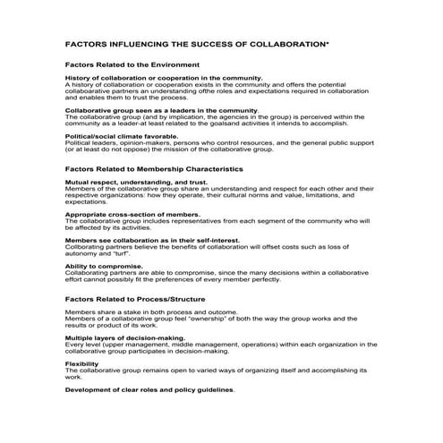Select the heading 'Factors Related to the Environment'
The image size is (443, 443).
point(132,65)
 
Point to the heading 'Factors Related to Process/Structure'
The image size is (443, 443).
point(135,298)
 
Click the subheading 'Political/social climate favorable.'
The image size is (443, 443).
point(121,136)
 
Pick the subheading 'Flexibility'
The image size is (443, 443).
point(81,363)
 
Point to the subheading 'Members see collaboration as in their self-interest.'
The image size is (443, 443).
point(153,240)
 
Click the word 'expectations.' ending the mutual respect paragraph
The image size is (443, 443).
point(86,202)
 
